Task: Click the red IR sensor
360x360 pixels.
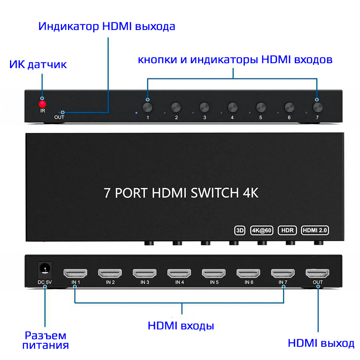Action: point(42,104)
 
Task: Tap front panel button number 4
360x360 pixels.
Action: point(232,107)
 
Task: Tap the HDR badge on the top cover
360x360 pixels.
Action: point(287,230)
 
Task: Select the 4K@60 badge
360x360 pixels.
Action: point(262,230)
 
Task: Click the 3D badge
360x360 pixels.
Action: point(240,230)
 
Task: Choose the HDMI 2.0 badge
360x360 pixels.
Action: point(315,230)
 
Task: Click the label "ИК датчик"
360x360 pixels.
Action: point(38,64)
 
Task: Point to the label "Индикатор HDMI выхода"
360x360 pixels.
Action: point(107,27)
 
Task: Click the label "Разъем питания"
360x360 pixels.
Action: point(45,340)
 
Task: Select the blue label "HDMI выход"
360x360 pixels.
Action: point(321,343)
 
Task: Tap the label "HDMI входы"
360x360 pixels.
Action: point(181,326)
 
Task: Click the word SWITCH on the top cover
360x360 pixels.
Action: point(215,193)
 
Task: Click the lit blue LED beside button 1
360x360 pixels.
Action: point(136,113)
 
